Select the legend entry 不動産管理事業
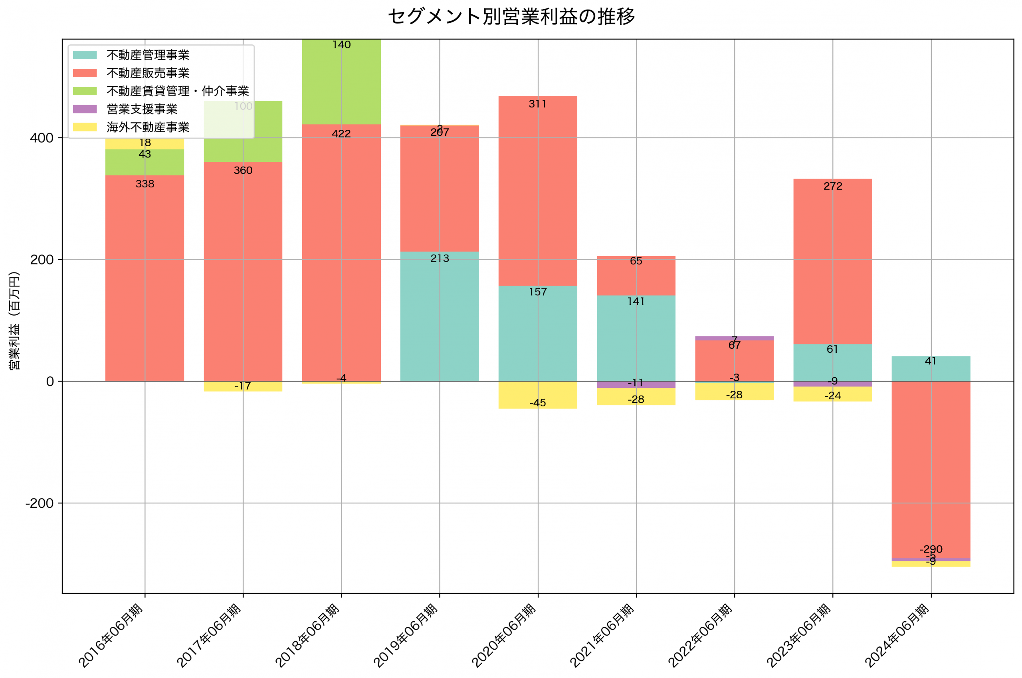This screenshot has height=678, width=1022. pos(148,55)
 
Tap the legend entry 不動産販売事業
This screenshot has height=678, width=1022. pos(148,73)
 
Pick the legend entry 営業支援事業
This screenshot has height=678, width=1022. pos(142,109)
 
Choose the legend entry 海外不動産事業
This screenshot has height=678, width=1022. pos(148,127)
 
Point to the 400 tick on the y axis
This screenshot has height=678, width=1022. pos(42,138)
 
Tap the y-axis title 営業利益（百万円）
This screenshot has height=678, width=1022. pos(14,321)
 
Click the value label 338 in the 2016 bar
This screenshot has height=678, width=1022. pos(145,184)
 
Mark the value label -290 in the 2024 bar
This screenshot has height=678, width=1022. pos(931,549)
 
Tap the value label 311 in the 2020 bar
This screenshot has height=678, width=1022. pos(538,104)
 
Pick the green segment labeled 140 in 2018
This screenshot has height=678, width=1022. pos(341,82)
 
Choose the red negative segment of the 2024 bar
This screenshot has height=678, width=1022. pos(931,467)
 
